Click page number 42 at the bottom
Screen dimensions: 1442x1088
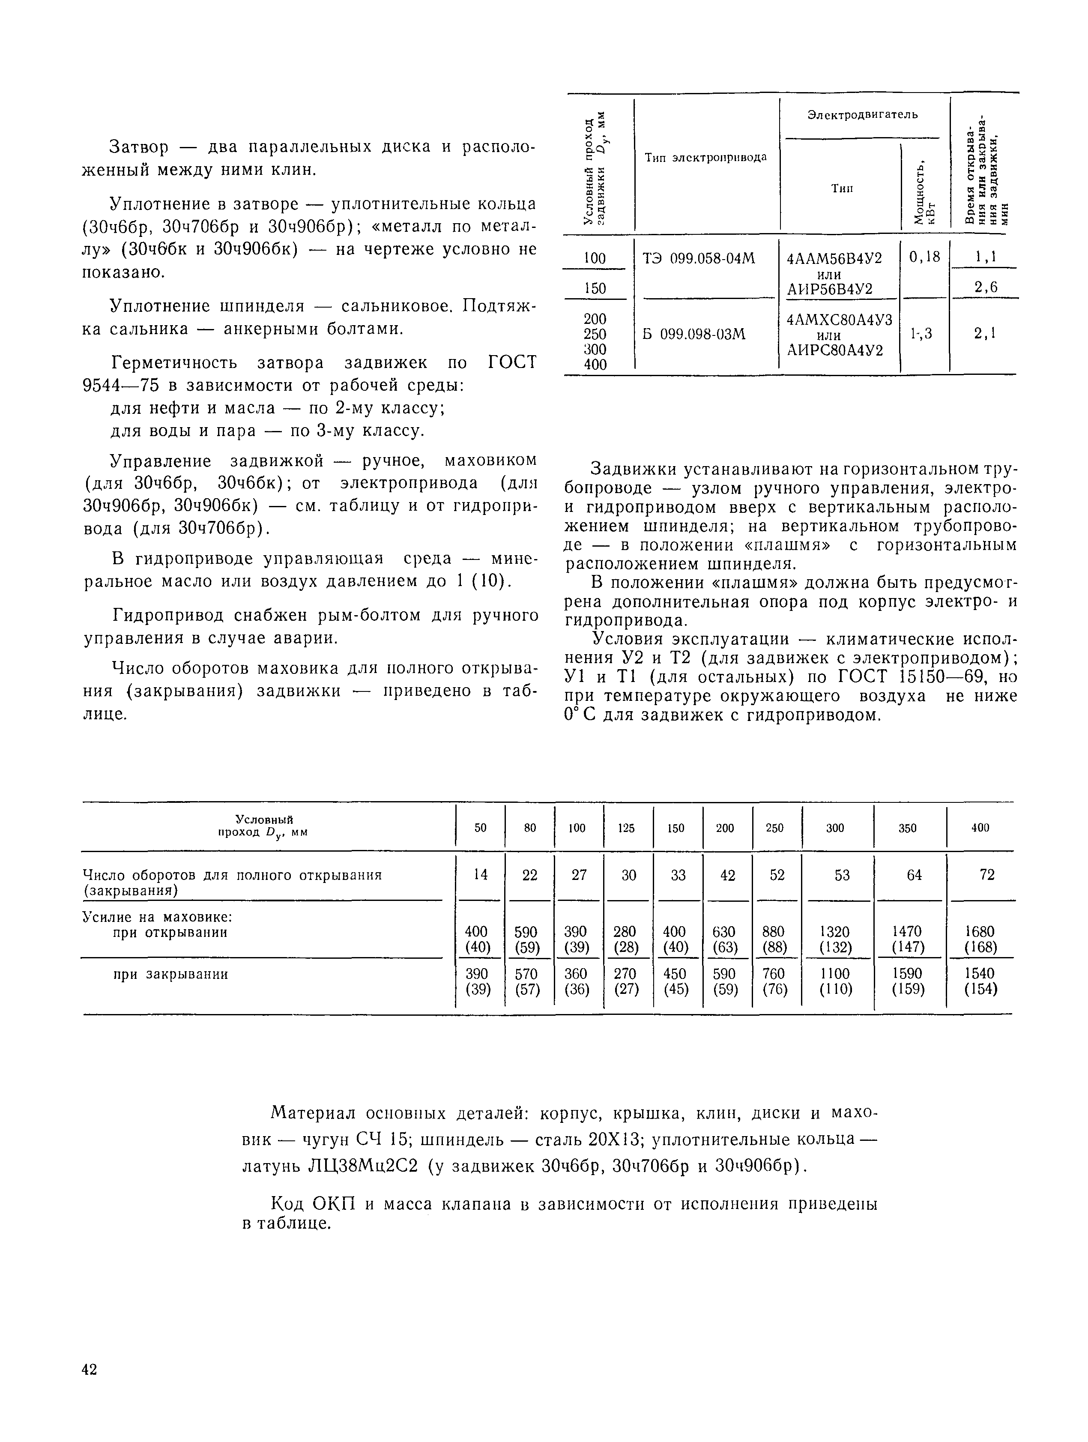tap(89, 1370)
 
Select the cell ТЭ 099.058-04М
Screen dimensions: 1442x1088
tap(699, 258)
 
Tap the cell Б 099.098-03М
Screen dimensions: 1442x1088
tap(693, 335)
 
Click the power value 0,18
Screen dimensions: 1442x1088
tap(924, 257)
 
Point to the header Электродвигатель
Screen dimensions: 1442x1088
tap(862, 115)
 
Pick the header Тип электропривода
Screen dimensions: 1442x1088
tap(705, 158)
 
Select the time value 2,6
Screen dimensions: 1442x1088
tap(986, 287)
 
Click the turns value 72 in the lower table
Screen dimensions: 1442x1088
tap(987, 875)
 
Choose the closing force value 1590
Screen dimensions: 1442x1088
tap(908, 973)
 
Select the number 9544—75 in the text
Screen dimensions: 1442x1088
tap(123, 385)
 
